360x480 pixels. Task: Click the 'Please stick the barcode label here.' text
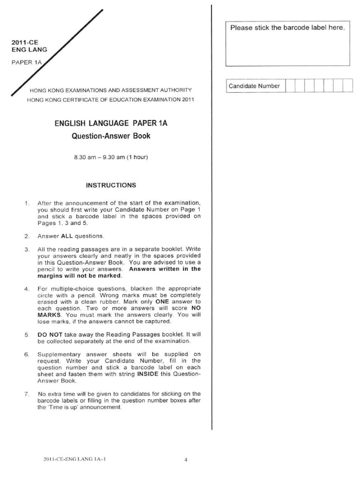click(287, 28)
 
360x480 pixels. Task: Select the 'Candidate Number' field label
click(254, 86)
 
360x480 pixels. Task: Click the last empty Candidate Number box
click(347, 86)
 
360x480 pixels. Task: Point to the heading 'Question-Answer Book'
click(111, 136)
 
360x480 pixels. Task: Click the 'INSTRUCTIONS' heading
click(111, 185)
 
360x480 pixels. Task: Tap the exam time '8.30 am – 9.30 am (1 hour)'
click(111, 157)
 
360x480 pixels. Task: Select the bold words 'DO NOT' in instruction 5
click(48, 336)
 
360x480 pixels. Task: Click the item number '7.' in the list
click(27, 394)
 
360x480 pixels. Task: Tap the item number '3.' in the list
click(27, 249)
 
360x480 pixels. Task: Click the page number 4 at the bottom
click(186, 460)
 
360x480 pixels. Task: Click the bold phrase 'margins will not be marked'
click(75, 276)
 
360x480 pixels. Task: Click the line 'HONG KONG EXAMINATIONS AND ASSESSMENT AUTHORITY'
click(110, 90)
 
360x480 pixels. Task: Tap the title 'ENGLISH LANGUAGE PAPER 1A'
click(111, 123)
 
